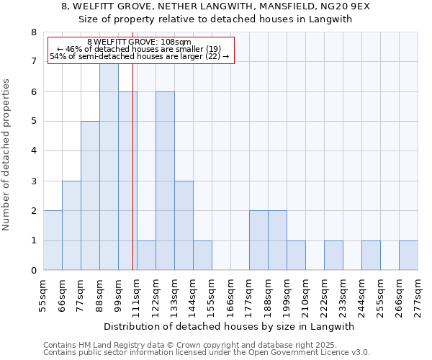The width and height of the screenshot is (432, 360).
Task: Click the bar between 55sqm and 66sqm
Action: tap(53, 240)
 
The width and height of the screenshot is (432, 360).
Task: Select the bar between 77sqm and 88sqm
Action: tap(90, 196)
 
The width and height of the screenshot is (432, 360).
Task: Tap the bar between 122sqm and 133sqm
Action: tap(165, 181)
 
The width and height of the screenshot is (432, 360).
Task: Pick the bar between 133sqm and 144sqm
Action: tap(184, 225)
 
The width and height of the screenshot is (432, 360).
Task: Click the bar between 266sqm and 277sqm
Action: tap(408, 256)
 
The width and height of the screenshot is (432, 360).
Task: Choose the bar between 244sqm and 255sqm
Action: tap(371, 256)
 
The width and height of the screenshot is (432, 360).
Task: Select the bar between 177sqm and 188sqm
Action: tap(258, 240)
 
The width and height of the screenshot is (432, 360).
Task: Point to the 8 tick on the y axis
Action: tap(33, 32)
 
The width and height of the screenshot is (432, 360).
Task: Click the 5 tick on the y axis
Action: tap(33, 122)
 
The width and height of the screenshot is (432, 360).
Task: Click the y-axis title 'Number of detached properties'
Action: tap(8, 155)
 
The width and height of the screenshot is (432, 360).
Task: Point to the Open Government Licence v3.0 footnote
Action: tap(207, 353)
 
